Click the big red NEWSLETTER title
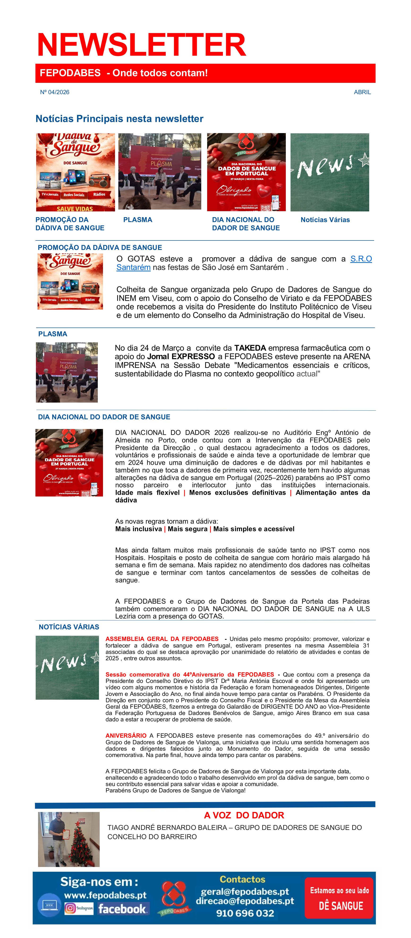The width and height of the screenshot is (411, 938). click(x=141, y=45)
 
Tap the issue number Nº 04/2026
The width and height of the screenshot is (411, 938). click(x=55, y=92)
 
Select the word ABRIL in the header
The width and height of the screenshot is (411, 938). click(x=362, y=92)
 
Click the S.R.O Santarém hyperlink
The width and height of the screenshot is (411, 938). click(x=360, y=259)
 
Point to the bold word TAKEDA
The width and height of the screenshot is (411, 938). click(x=250, y=348)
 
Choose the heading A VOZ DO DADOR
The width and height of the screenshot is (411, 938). click(x=244, y=815)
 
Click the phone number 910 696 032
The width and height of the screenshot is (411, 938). click(x=245, y=913)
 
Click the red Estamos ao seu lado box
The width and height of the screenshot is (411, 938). click(x=339, y=898)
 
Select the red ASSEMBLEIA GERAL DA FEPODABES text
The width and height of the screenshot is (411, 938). click(x=162, y=639)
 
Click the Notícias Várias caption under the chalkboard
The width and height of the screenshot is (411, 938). click(x=325, y=219)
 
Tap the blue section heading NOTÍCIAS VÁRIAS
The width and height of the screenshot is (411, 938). click(x=69, y=627)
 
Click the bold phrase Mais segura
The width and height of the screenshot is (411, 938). click(x=187, y=529)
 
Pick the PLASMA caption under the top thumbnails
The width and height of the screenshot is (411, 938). click(x=138, y=219)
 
